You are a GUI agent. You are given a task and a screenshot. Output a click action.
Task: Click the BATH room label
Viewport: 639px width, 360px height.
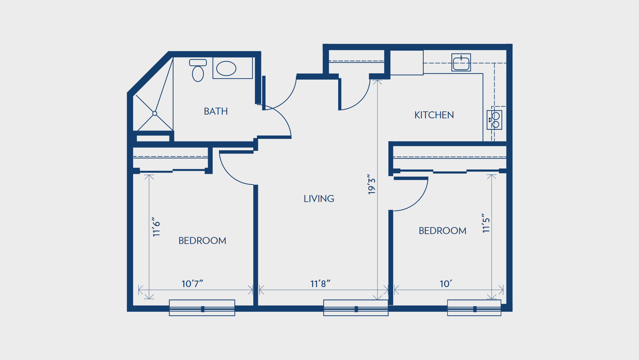pos(216,111)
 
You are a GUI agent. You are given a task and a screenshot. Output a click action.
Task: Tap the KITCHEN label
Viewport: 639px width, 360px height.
pos(434,115)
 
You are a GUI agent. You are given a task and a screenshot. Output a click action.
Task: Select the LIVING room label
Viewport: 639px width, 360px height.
pos(319,199)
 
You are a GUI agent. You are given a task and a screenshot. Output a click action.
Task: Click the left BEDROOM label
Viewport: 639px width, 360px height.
pos(202,240)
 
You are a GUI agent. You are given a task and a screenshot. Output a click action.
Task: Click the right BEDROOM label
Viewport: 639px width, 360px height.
pos(442,230)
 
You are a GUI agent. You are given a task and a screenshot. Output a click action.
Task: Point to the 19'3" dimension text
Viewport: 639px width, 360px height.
pos(371,184)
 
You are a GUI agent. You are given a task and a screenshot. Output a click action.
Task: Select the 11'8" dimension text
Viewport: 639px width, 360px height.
pos(320,284)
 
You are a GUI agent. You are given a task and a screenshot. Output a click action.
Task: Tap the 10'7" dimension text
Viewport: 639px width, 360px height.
pos(192,284)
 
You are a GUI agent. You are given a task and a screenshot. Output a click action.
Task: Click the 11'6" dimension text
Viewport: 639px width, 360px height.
pos(156,227)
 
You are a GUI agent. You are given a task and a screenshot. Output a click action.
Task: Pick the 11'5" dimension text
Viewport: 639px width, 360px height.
pos(486,223)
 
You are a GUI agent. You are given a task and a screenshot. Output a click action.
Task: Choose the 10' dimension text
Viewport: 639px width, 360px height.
pos(446,284)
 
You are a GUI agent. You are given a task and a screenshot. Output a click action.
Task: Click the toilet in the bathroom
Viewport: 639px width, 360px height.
pos(198,70)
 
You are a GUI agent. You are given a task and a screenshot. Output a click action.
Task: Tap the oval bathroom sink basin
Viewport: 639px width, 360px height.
pos(226,69)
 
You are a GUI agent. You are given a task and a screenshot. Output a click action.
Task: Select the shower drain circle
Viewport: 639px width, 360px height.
pos(155,114)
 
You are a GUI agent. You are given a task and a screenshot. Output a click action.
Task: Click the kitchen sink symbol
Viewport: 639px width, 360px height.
pos(461,63)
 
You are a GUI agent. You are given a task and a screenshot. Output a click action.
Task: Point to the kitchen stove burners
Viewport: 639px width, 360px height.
pos(495,120)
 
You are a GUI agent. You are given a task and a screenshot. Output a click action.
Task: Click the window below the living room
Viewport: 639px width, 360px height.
pos(356,308)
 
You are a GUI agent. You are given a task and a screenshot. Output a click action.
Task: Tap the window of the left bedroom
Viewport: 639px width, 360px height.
pos(202,308)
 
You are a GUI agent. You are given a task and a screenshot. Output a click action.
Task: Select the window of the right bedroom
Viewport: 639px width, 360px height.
pos(474,308)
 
